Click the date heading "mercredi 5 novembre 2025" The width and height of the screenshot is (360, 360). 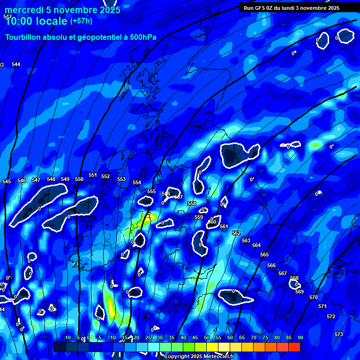click(x=63, y=10)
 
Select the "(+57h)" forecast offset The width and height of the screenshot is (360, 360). click(x=81, y=21)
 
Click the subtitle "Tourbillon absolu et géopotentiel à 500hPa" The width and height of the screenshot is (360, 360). click(x=81, y=37)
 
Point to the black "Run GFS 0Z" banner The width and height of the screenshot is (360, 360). click(x=292, y=8)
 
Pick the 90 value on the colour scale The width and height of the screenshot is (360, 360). click(x=300, y=338)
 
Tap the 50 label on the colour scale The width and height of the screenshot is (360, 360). click(x=207, y=338)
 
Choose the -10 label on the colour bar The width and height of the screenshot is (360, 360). click(x=67, y=338)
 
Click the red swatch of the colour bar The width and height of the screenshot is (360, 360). click(x=294, y=347)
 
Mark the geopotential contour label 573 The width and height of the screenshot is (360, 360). click(x=339, y=334)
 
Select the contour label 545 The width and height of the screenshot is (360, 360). click(x=7, y=181)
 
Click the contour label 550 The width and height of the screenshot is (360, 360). click(x=79, y=179)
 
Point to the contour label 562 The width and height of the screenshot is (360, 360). click(x=236, y=233)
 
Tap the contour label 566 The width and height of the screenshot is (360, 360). click(x=271, y=265)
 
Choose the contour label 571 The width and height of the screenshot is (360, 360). click(x=322, y=306)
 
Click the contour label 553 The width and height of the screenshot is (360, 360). click(x=121, y=179)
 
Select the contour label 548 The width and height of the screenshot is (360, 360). click(x=51, y=179)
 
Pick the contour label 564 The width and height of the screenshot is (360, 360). click(x=256, y=245)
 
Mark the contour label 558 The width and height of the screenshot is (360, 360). click(x=192, y=203)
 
